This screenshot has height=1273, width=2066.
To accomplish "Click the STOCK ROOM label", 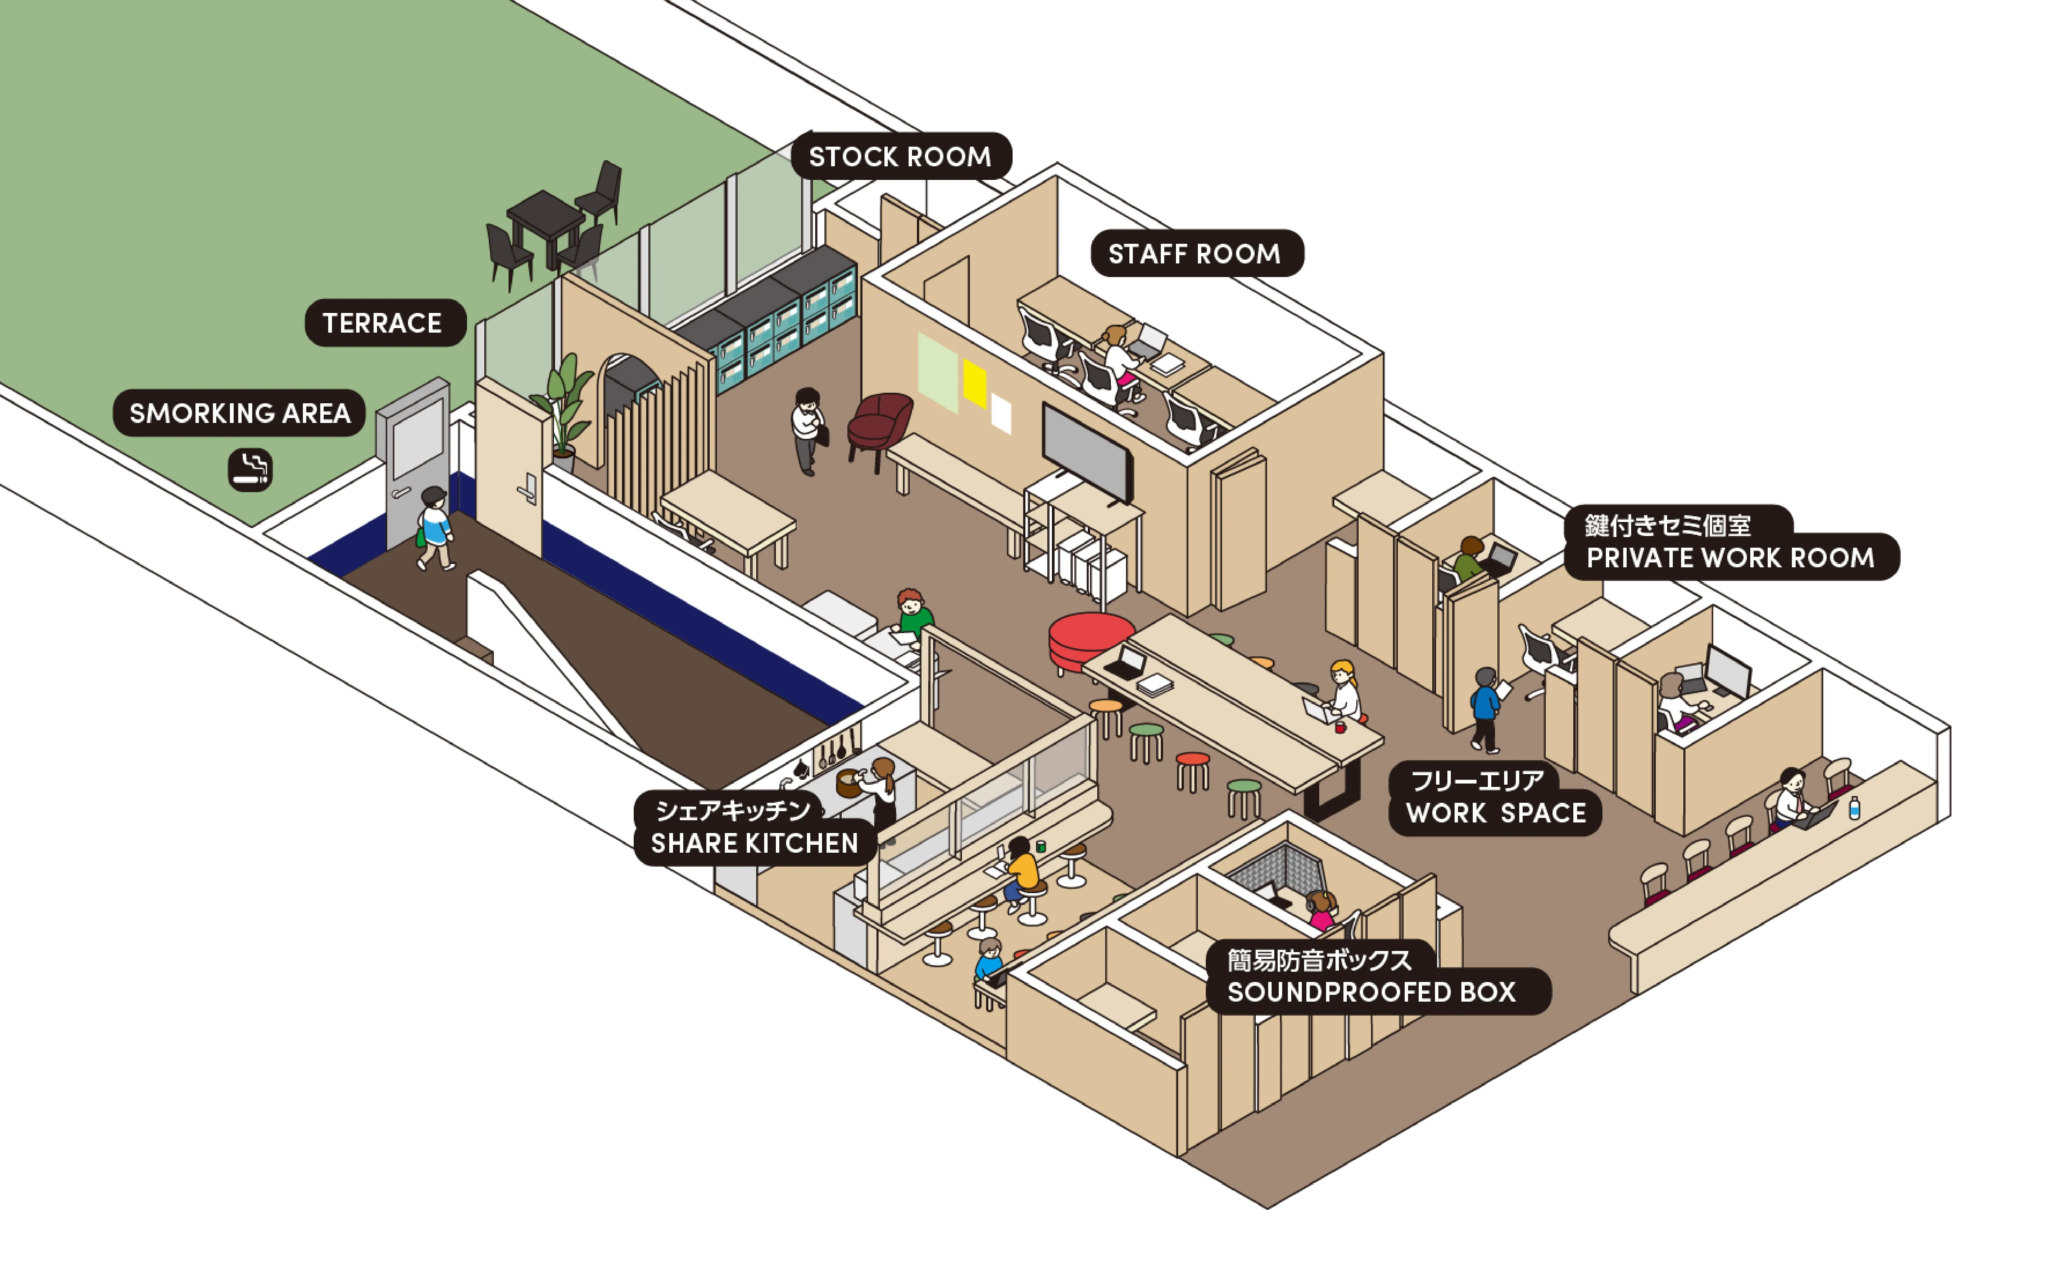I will point(900,156).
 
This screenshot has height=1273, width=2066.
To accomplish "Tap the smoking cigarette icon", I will point(250,470).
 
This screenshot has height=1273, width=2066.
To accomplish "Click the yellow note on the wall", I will point(974,383).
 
